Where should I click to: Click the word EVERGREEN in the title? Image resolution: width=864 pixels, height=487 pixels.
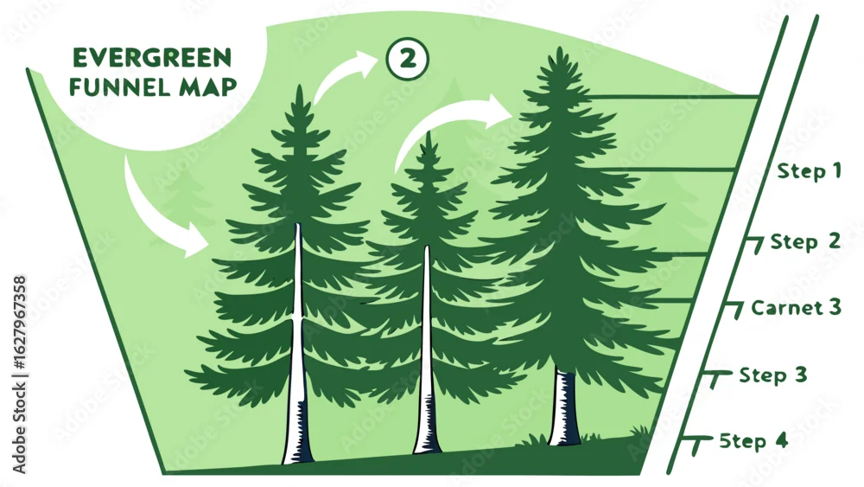click(x=152, y=58)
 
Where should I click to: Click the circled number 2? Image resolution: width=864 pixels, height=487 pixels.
click(x=408, y=59)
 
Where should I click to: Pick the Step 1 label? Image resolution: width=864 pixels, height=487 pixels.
click(x=810, y=171)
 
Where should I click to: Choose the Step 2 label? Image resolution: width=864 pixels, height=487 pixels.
click(x=805, y=241)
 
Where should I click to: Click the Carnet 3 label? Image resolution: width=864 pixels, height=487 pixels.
click(x=797, y=307)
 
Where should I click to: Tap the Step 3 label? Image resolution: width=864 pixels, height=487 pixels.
click(x=773, y=375)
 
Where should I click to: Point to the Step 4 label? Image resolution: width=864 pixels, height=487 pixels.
click(x=753, y=441)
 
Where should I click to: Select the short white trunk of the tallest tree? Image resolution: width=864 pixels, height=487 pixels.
click(x=564, y=407)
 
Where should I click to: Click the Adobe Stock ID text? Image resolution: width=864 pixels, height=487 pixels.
click(x=19, y=375)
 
